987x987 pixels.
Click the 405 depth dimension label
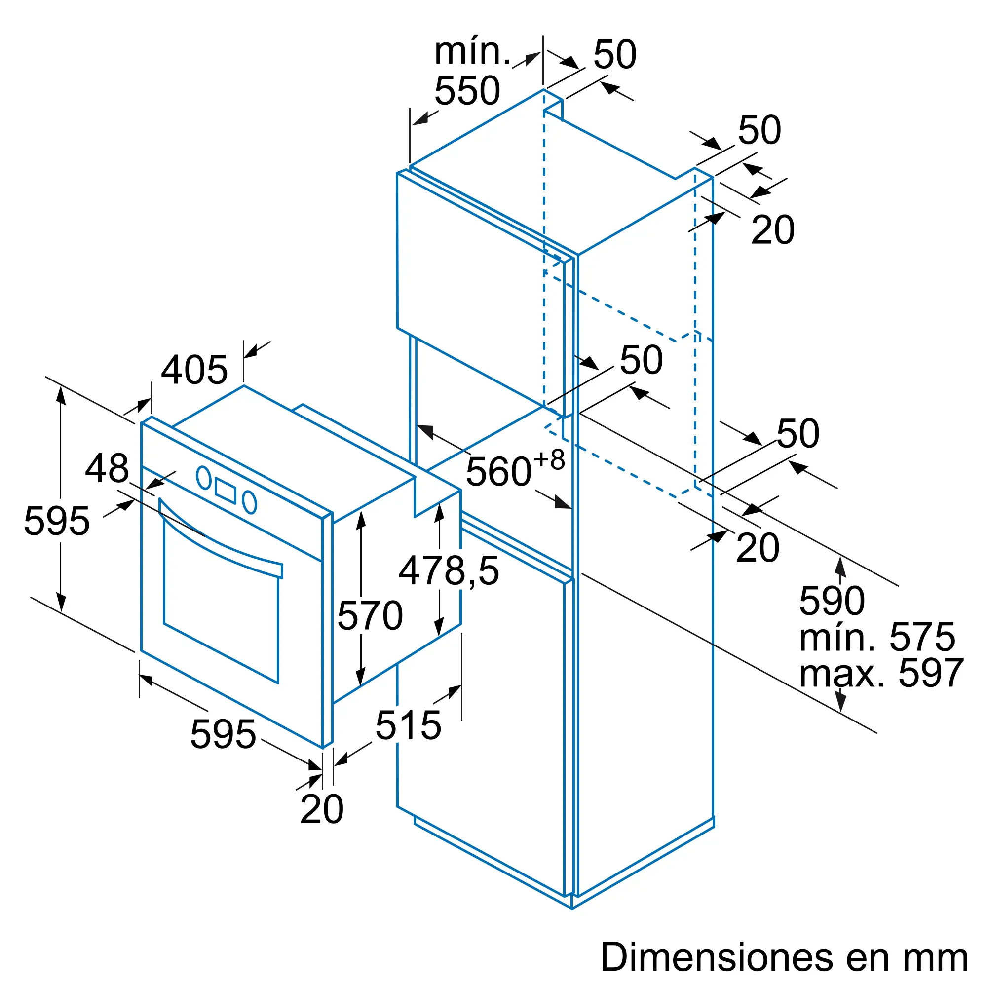(x=194, y=370)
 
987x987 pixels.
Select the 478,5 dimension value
(x=449, y=571)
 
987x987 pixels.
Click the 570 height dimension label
(x=370, y=615)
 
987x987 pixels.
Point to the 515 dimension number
(x=408, y=725)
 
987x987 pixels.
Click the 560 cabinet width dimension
(x=515, y=469)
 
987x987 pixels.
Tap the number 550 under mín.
(x=467, y=90)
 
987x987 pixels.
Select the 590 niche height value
(x=832, y=601)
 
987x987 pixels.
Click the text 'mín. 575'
(x=877, y=638)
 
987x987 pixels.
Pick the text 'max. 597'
(x=881, y=674)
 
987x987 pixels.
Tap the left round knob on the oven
(x=204, y=478)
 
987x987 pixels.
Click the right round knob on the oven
(x=249, y=502)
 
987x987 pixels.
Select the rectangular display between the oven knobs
(x=226, y=491)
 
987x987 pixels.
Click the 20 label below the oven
(x=322, y=809)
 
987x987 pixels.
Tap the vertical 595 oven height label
(x=57, y=521)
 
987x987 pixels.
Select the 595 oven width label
(x=223, y=735)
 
